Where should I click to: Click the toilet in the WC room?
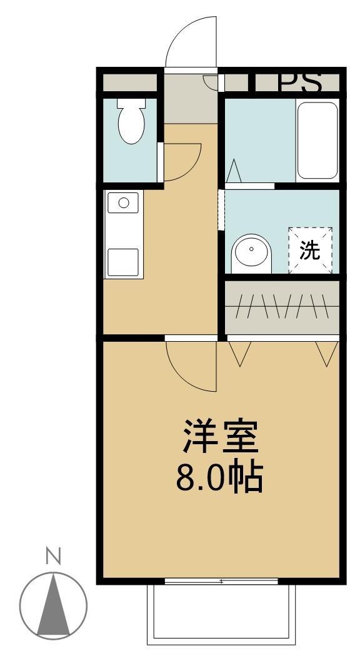click(131, 125)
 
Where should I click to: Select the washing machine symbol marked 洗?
click(309, 250)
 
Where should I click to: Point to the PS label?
click(300, 82)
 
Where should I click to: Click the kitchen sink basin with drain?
click(124, 202)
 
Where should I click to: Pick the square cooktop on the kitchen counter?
click(122, 262)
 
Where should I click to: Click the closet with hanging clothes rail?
click(281, 306)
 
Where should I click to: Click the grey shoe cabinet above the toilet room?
click(129, 82)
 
